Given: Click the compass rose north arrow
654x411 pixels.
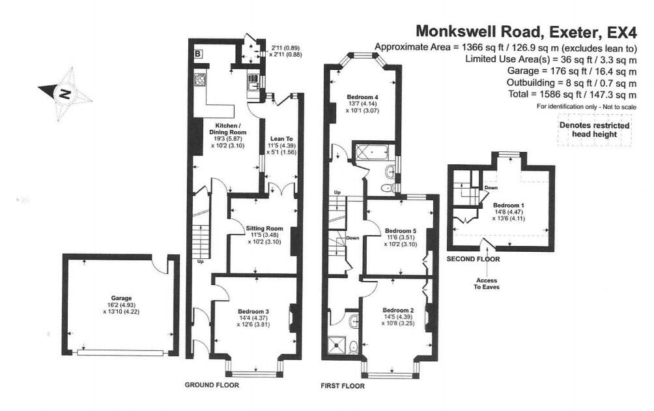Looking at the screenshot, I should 64,95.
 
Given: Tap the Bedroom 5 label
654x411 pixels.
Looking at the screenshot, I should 399,231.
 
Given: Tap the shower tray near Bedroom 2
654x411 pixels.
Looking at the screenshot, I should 338,343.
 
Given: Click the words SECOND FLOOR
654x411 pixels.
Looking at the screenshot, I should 474,259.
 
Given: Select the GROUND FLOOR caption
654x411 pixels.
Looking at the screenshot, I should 212,385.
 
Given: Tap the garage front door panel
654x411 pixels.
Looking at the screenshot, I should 120,353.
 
